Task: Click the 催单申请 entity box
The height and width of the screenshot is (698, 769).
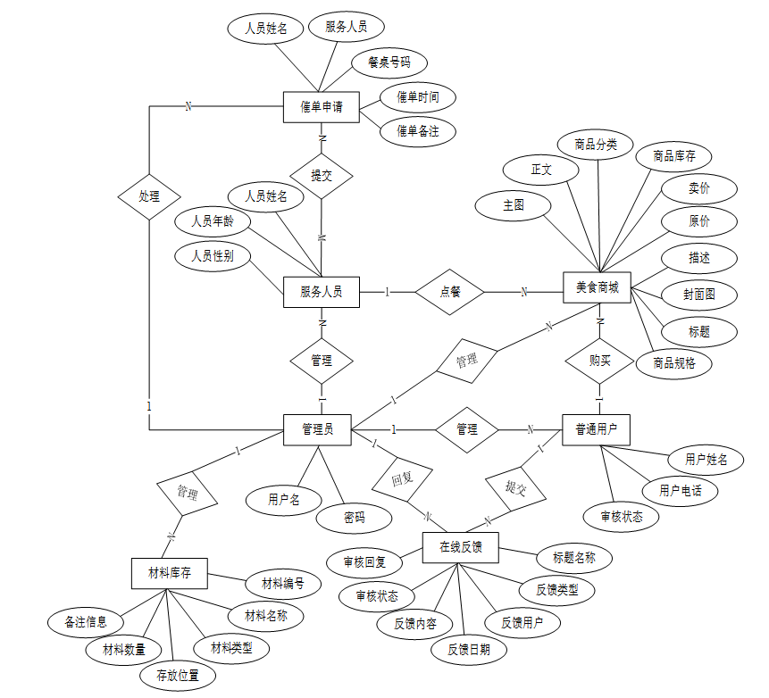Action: (322, 107)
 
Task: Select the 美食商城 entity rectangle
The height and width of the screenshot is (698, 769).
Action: (598, 287)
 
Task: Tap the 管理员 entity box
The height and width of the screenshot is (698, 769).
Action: (317, 429)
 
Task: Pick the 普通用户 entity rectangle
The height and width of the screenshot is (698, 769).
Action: (597, 429)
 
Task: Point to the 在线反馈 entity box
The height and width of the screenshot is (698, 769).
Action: (460, 547)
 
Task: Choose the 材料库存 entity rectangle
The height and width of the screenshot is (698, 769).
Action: (170, 572)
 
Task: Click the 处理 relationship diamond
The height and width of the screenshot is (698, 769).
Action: (149, 195)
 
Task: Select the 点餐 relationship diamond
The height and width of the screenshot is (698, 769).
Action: (450, 291)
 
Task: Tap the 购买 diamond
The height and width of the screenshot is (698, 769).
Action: (599, 361)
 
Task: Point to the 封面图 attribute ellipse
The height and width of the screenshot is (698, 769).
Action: (698, 295)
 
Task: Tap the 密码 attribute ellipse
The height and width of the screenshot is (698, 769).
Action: (355, 517)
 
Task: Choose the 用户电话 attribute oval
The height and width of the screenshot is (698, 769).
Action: (681, 490)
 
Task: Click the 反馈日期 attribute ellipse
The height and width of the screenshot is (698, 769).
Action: (469, 649)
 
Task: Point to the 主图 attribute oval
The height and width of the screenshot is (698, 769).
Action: (514, 205)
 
